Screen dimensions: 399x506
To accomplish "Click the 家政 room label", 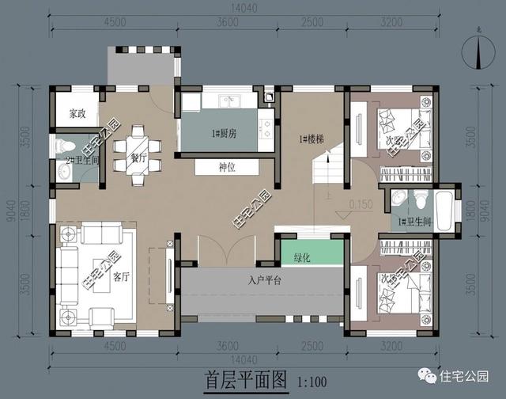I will point(77,114).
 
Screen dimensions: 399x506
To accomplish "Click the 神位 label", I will point(228,168).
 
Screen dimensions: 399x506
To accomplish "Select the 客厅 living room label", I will point(120,277).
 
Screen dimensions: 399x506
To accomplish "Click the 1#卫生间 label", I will point(413,222).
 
